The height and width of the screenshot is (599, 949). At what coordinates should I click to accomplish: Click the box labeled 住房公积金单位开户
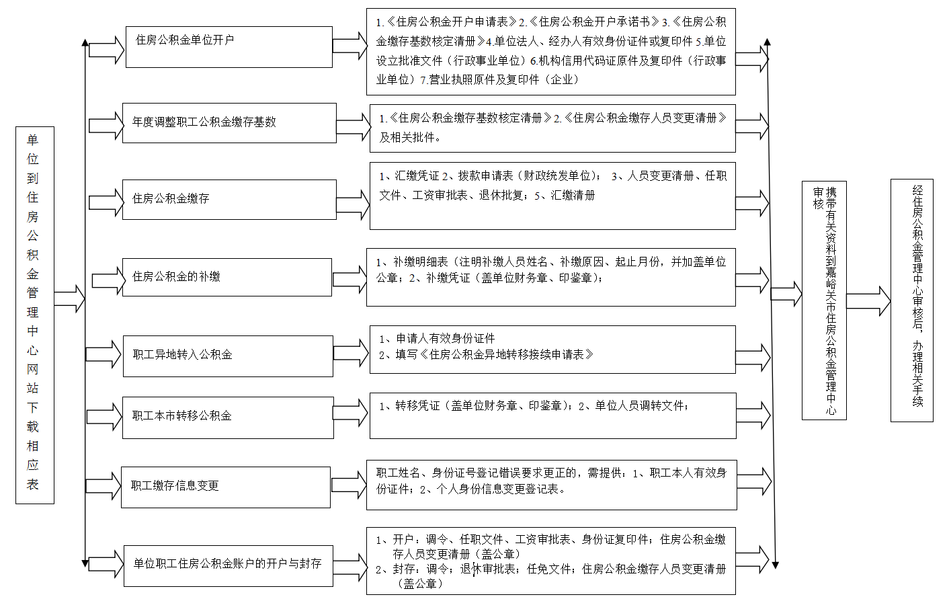229,47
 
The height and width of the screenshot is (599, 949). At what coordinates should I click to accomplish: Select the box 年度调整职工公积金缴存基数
229,123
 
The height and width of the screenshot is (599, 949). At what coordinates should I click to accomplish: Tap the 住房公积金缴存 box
229,200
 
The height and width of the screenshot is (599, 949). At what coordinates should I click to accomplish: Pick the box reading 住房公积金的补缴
227,277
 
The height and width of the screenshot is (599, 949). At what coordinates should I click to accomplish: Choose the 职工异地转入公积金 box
228,356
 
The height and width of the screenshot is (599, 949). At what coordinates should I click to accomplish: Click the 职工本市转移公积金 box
228,417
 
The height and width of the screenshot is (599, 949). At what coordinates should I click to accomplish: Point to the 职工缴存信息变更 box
226,487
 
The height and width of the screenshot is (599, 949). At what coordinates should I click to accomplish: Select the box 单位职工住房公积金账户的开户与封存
229,566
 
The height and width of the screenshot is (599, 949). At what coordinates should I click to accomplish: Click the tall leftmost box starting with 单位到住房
35,315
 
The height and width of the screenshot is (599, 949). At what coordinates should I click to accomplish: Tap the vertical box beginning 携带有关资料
824,301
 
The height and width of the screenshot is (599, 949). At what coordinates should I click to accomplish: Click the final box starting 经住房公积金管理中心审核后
912,301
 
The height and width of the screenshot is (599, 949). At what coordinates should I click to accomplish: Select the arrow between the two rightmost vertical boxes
868,301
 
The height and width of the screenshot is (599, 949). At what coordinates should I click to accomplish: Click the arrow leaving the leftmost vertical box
69,299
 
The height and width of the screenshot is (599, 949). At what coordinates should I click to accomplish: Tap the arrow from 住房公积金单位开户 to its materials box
349,45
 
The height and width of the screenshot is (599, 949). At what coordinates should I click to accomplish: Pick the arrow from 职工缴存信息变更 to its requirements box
349,485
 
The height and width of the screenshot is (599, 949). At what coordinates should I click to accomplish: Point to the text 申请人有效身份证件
446,338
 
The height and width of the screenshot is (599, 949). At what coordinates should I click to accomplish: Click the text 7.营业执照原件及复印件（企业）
499,80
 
